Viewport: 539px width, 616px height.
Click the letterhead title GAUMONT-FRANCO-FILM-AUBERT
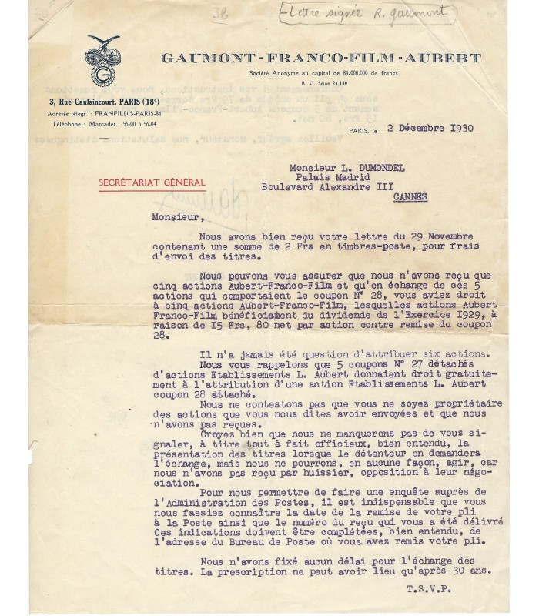click(x=320, y=59)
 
